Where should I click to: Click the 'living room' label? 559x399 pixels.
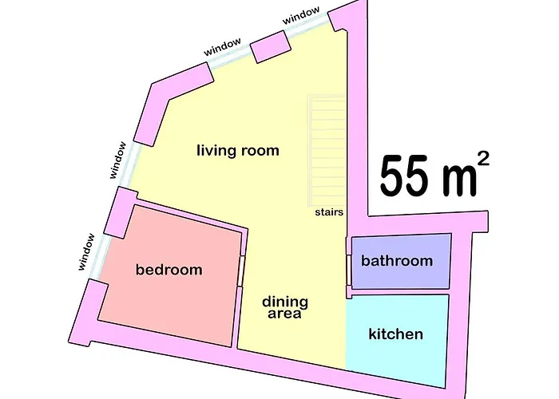[x=238, y=150]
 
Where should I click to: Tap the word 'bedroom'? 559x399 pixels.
[x=169, y=270]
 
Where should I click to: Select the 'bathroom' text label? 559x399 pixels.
[x=397, y=260]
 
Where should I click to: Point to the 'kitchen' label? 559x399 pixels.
[x=396, y=334]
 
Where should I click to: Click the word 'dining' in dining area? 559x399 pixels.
[x=285, y=302]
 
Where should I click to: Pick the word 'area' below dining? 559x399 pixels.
[x=284, y=314]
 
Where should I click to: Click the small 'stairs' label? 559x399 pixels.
[x=329, y=212]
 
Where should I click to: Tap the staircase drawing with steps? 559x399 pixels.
[x=327, y=150]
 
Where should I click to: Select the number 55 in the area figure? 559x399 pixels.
[x=403, y=176]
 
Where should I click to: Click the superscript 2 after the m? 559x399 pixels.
[x=482, y=159]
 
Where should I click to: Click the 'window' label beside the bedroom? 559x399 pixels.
[x=86, y=251]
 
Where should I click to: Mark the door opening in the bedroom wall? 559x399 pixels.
[x=242, y=271]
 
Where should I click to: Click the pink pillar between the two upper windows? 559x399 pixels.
[x=269, y=46]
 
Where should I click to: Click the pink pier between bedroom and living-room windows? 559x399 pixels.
[x=121, y=212]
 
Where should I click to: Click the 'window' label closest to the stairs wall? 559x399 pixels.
[x=301, y=16]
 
